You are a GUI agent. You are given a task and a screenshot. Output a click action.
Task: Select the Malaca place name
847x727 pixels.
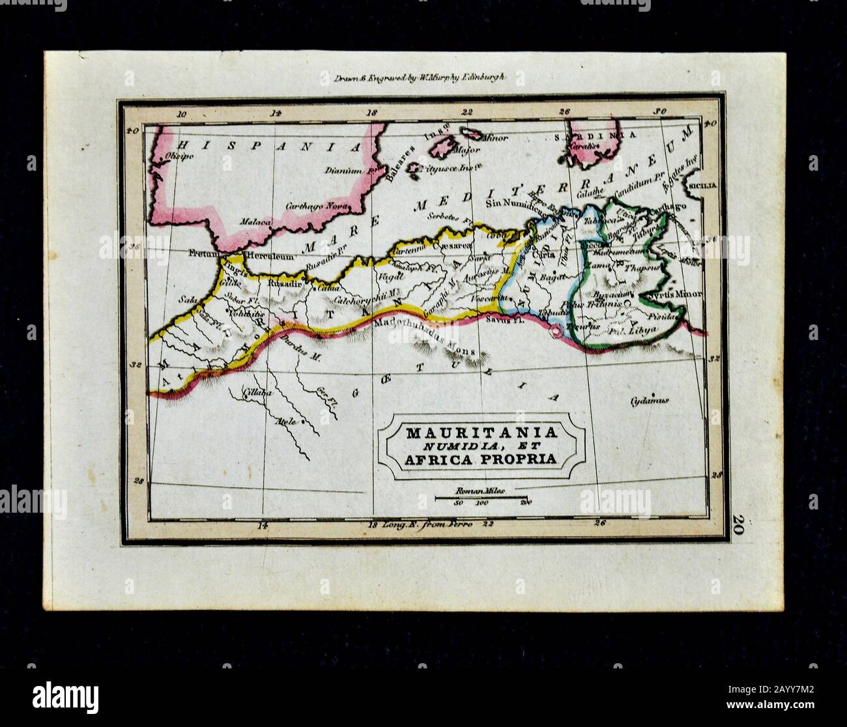[x=255, y=221]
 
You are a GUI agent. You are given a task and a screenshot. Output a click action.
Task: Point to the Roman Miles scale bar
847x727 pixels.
[x=481, y=498]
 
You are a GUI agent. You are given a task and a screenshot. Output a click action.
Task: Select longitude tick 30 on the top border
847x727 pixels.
[x=661, y=111]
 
